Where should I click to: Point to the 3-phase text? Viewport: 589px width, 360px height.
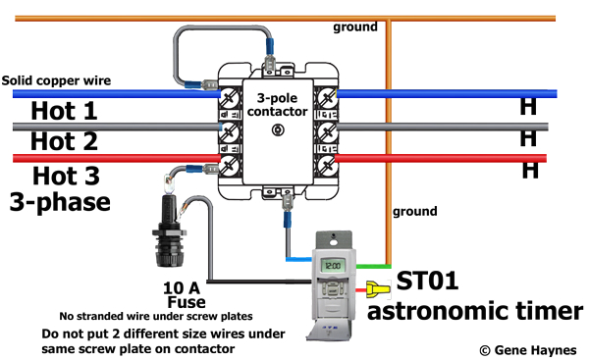(60, 203)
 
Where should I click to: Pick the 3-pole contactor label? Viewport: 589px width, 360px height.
(277, 105)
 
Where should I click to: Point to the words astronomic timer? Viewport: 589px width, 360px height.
(475, 312)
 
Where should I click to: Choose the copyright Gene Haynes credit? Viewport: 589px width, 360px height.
(525, 349)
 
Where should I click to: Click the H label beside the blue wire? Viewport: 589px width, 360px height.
(528, 109)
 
